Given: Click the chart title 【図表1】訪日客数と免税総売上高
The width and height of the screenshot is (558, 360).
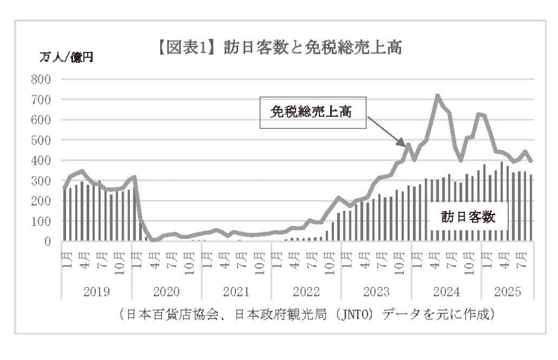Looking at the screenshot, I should [279, 50].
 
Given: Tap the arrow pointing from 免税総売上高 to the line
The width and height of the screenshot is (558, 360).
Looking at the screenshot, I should [386, 133].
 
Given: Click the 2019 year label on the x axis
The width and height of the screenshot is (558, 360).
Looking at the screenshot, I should [96, 291].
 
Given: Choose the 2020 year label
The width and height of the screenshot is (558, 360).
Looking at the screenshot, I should [166, 291].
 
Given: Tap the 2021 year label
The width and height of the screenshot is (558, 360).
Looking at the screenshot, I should [236, 291].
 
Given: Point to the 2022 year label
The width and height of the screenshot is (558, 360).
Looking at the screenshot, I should [306, 291].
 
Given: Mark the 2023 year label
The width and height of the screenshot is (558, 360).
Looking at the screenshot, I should [376, 291].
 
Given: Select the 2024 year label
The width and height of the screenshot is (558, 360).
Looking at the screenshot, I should [446, 291].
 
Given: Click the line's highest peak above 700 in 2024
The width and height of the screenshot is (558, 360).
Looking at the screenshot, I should [438, 96].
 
